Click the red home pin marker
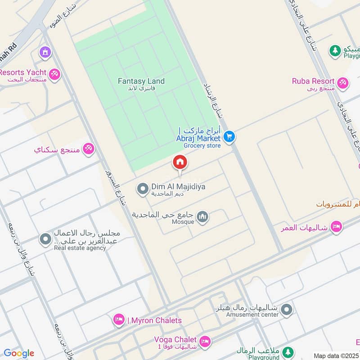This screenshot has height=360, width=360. pos(180,163)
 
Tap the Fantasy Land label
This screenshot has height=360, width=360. pos(141,81)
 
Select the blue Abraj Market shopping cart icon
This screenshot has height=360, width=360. pos(229,136)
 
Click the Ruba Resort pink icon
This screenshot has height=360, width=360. pos(343,82)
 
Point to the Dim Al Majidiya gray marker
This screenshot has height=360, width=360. pos(143,189)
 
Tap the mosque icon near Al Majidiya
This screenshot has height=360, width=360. pos(203,217)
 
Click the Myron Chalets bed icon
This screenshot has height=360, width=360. pos(119,320)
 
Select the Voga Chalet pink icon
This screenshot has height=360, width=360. pos(205,342)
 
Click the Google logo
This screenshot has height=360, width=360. pos(18,353)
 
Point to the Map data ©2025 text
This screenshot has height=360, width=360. pos(337,355)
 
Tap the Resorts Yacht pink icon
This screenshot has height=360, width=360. pos(54,74)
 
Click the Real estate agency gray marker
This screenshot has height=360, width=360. pos(45,239)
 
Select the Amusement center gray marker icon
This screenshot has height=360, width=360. pos(287,310)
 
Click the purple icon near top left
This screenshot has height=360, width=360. pos(45,52)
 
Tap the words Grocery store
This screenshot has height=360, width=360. pos(202,146)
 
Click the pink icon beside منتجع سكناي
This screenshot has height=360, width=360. pos(89,149)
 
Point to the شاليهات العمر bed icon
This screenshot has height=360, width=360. pos(335,227)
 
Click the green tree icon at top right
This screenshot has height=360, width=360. pos(335,51)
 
